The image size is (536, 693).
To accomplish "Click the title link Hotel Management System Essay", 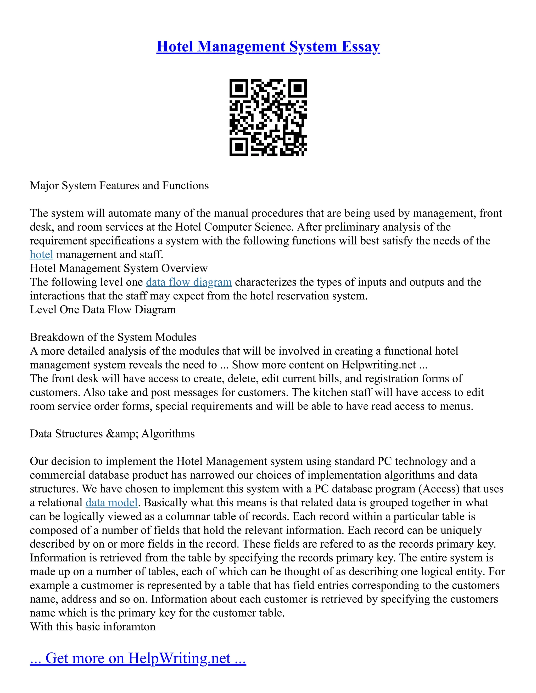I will (268, 47).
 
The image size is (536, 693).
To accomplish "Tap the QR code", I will (268, 117).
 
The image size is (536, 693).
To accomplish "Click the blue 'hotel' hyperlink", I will (41, 254).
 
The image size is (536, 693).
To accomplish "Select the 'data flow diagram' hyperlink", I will (189, 282).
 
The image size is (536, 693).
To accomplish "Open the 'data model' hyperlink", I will (111, 503).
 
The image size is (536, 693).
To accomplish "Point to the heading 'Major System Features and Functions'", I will (119, 186).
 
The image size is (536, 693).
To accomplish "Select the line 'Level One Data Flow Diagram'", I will (103, 310).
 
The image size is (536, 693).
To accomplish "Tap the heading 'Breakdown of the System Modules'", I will (113, 337).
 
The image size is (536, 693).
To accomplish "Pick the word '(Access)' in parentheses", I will (439, 489).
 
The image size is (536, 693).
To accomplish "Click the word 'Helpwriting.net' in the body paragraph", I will (378, 365).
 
